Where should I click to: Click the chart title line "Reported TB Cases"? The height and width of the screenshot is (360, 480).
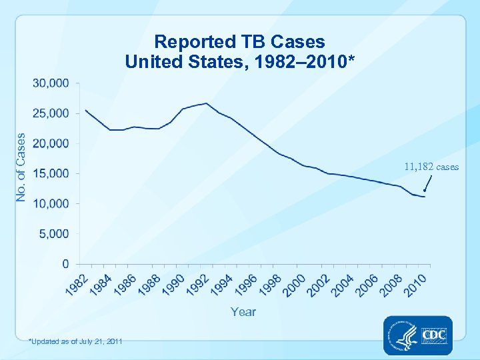[240, 41]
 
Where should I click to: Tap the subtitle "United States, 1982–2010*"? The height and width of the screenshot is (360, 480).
[240, 61]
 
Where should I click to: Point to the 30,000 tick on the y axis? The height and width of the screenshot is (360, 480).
[51, 83]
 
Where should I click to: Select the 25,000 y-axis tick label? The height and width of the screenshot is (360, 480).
[51, 113]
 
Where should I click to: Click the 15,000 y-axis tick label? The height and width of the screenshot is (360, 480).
[51, 173]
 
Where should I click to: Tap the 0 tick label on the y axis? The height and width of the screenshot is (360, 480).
[65, 264]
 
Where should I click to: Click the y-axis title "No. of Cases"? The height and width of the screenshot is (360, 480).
[21, 167]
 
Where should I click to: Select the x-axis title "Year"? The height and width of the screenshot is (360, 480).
[243, 311]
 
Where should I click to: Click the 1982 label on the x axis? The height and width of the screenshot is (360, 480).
[75, 285]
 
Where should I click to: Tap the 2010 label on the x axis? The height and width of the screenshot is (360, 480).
[417, 285]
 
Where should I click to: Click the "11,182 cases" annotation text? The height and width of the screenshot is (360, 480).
[431, 167]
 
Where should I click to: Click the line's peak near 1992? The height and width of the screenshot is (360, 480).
[207, 103]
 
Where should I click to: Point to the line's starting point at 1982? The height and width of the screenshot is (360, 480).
[86, 110]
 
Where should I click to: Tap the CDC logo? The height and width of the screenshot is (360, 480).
[418, 335]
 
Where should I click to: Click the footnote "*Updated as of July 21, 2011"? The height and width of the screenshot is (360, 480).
[75, 341]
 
